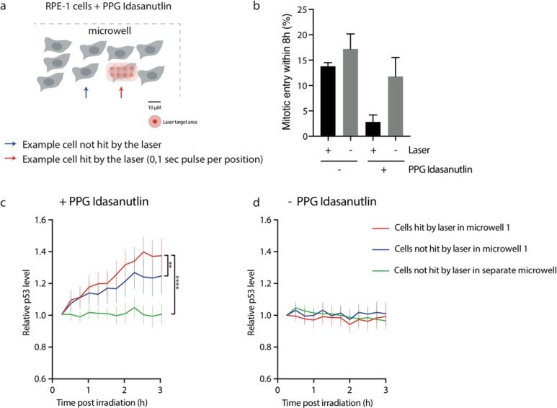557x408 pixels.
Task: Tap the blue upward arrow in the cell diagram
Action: point(86,92)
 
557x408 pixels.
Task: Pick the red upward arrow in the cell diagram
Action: point(121,92)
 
